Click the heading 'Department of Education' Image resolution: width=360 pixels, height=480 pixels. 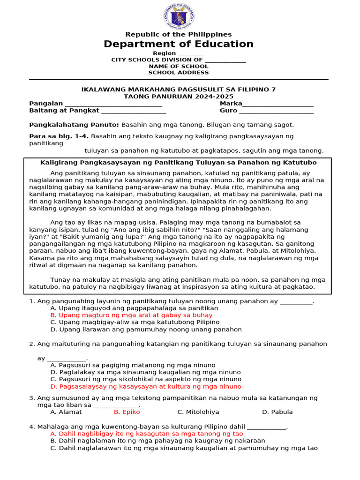tap(179, 44)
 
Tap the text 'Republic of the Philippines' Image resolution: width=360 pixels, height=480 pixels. tap(179, 34)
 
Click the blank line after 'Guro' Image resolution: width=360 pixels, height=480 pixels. tap(276, 112)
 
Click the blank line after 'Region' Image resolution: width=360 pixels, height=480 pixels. tap(191, 54)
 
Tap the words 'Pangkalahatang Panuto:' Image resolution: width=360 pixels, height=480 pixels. tap(74, 125)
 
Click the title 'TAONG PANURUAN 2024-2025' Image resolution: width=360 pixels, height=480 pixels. tap(179, 96)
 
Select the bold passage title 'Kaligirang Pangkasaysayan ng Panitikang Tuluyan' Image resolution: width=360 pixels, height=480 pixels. tap(179, 163)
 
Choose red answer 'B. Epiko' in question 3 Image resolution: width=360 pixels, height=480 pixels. tap(127, 412)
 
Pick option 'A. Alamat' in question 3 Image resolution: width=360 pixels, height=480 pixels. tap(66, 412)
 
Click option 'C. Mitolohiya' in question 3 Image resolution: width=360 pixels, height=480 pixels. tap(198, 412)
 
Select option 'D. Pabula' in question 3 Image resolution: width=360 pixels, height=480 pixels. tap(277, 412)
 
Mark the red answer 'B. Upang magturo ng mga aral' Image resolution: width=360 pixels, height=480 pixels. tap(131, 315)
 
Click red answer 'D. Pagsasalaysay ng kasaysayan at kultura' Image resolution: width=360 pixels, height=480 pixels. tap(146, 387)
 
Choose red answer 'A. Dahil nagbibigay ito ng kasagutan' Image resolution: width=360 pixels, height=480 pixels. tap(146, 434)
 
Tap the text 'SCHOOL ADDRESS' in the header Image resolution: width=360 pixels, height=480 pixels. tap(179, 73)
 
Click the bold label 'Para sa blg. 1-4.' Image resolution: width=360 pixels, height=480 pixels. tap(59, 136)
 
